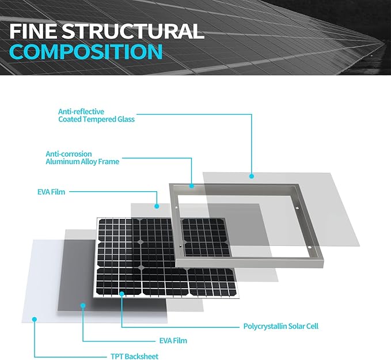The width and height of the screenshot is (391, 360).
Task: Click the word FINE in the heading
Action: (33, 31)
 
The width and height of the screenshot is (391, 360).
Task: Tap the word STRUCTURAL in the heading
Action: (133, 31)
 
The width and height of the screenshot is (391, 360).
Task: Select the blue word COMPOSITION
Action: (86, 51)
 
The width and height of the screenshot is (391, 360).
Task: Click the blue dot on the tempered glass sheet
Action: (252, 176)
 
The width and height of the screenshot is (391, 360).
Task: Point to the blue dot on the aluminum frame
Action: (192, 186)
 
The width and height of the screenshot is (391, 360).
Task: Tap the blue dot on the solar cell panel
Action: (122, 294)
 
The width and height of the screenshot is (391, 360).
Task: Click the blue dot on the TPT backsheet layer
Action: (35, 319)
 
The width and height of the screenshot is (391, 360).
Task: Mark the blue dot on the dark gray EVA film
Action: (83, 305)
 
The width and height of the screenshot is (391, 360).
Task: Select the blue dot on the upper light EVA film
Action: (157, 206)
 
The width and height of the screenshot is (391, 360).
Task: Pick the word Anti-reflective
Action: (81, 111)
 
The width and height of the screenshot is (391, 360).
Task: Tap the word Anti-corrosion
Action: (69, 154)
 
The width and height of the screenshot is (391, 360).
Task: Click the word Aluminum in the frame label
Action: (62, 161)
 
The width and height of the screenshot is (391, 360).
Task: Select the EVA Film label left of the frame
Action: (51, 192)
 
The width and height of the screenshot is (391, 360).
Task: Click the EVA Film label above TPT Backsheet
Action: (173, 340)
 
